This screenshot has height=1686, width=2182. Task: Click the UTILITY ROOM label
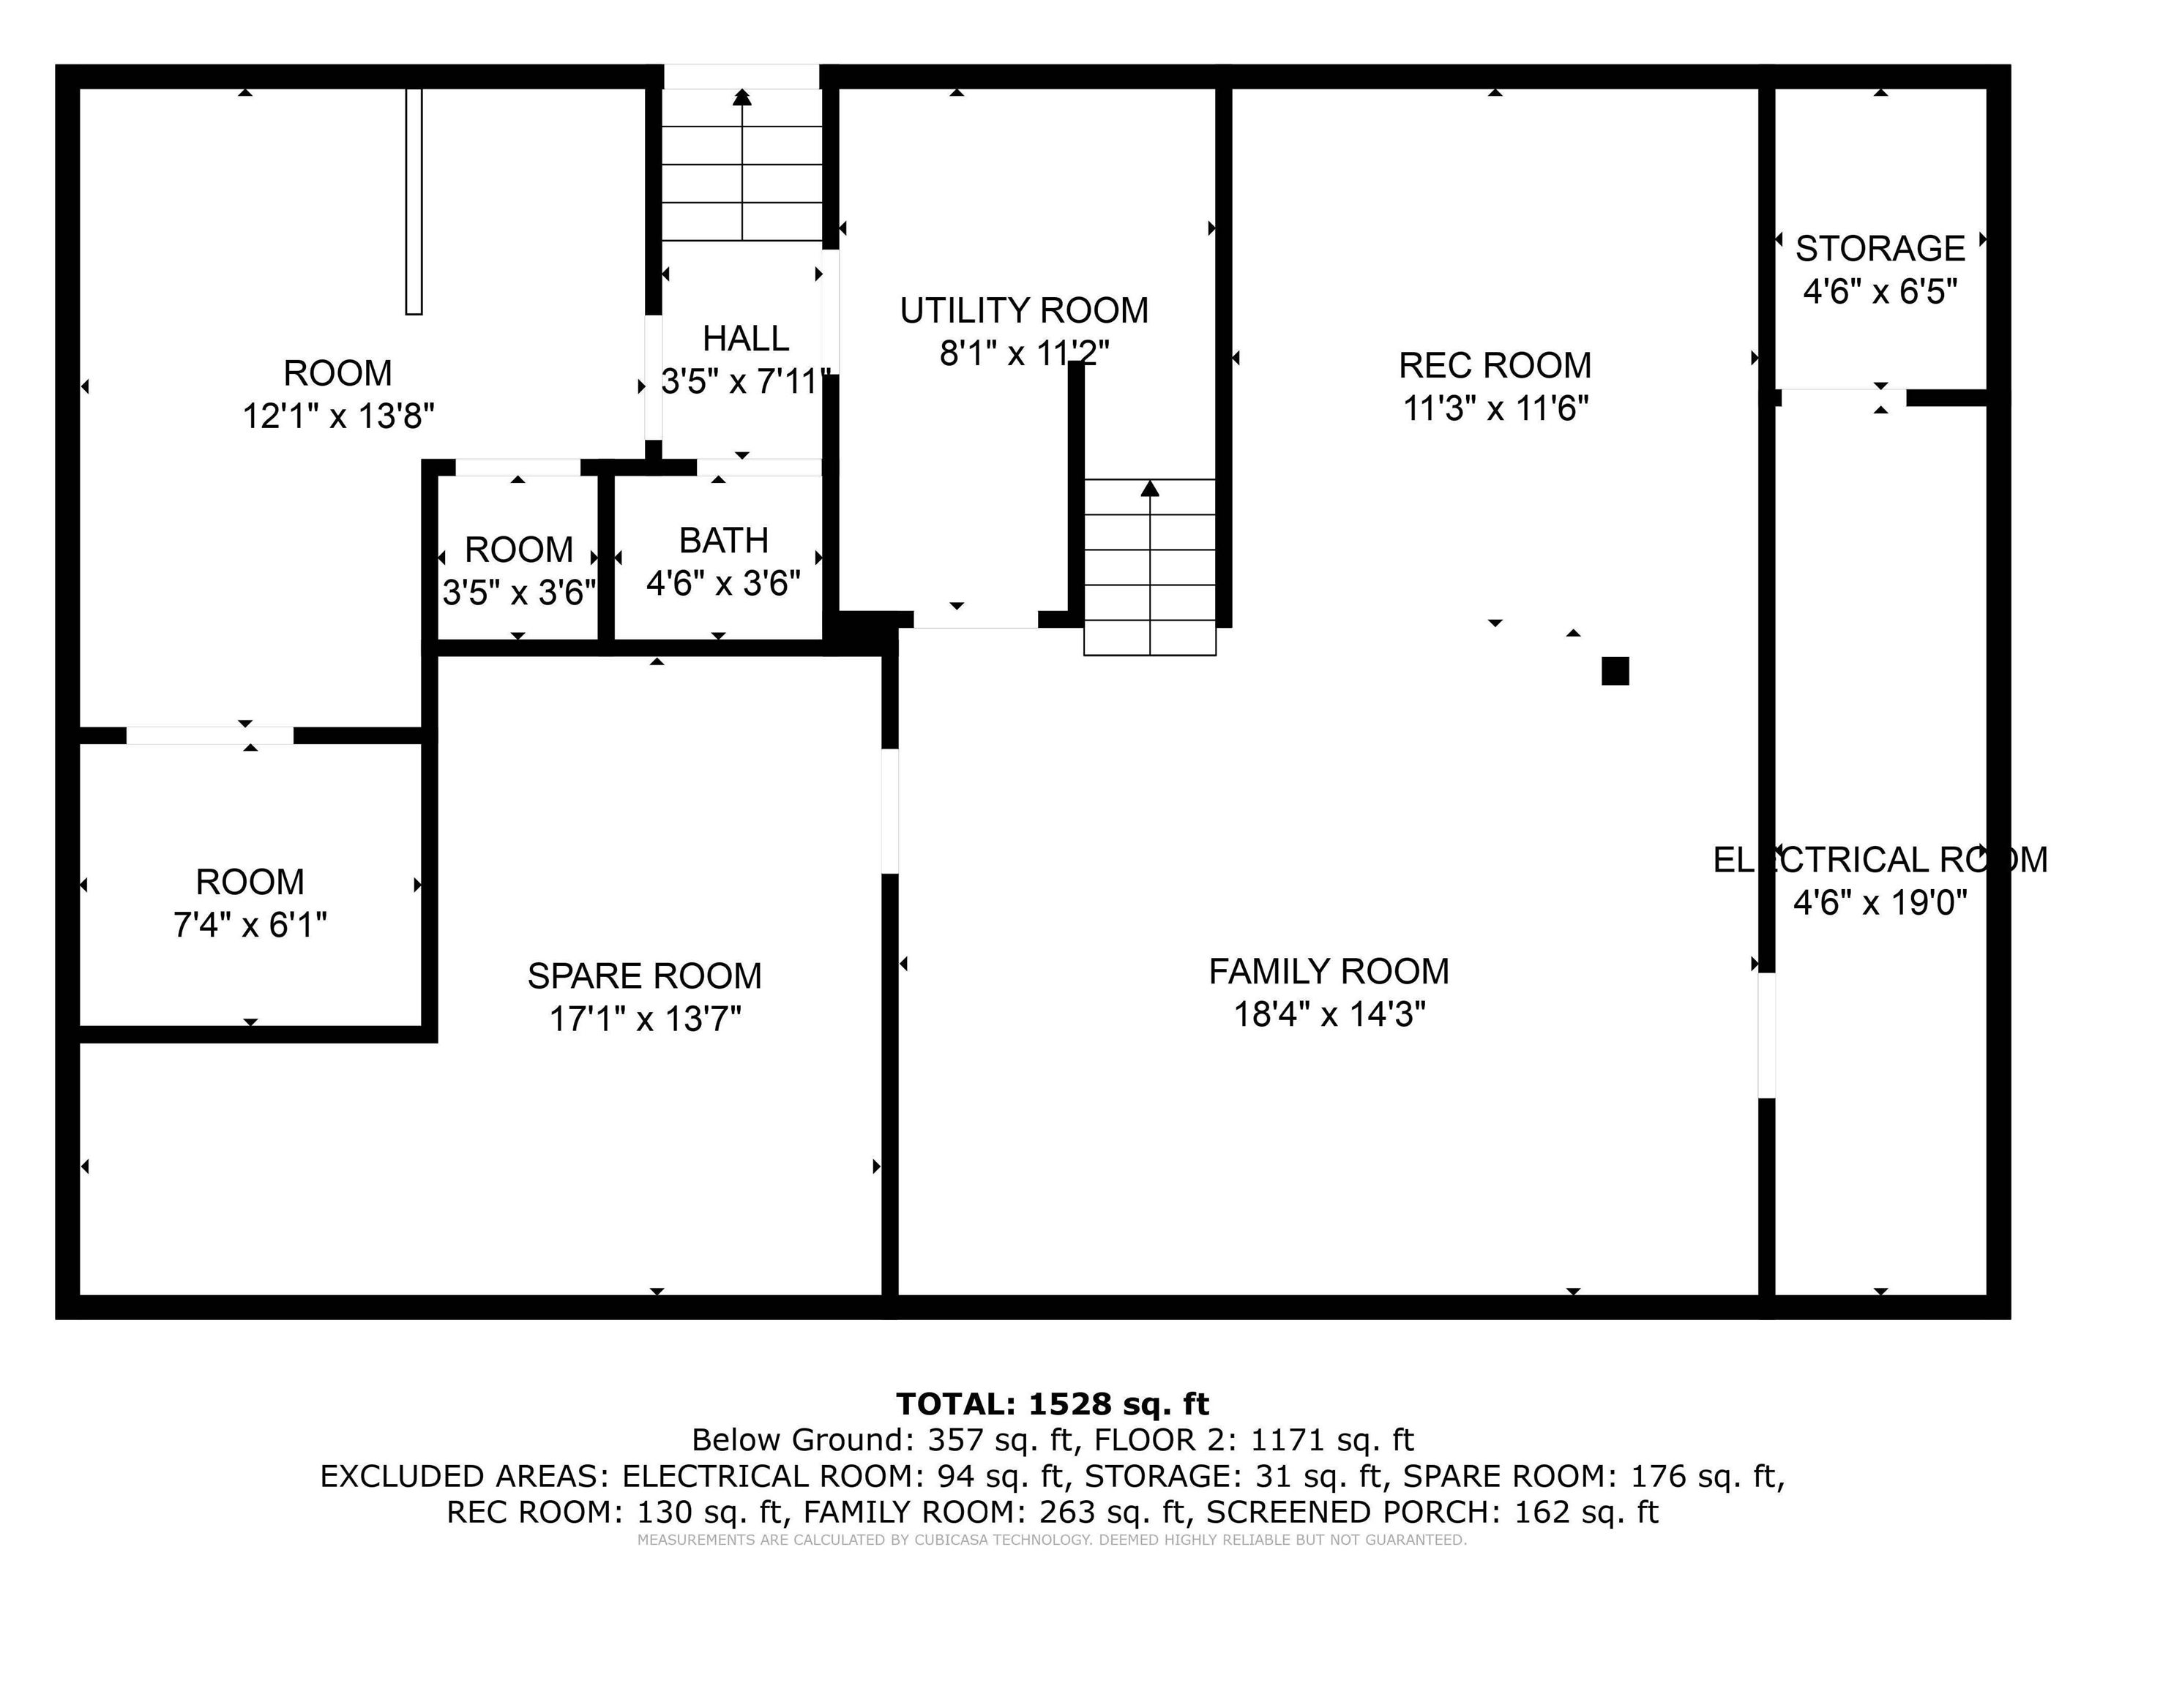click(x=1023, y=310)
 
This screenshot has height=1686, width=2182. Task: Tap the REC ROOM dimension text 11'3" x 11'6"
click(x=1495, y=408)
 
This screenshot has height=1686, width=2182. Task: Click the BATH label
click(x=723, y=540)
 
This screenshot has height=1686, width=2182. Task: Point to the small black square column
click(x=1615, y=671)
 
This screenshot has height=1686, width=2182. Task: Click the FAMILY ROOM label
click(x=1328, y=971)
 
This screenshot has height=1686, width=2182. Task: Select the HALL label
click(x=745, y=339)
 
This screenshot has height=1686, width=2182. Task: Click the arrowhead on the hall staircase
click(x=741, y=97)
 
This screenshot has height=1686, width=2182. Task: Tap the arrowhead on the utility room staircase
click(x=1150, y=488)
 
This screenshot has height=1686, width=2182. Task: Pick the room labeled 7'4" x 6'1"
click(x=250, y=903)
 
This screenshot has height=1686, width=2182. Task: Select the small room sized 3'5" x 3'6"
click(x=518, y=570)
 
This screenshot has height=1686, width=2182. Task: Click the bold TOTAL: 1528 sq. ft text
click(x=1052, y=1404)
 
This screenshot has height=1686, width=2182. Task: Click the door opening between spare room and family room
click(x=889, y=810)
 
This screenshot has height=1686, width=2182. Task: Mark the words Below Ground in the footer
click(x=797, y=1439)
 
